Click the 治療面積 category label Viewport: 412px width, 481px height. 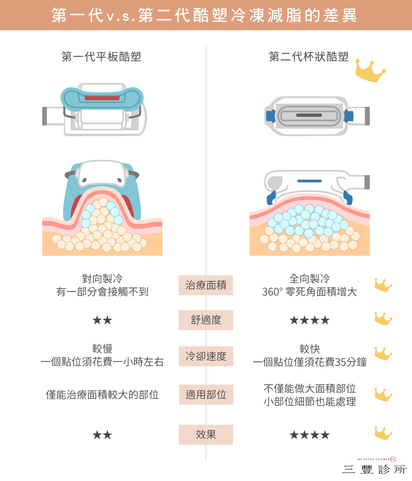(x=206, y=285)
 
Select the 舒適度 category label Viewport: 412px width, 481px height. (x=206, y=320)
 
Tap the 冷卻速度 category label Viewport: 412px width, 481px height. (x=206, y=356)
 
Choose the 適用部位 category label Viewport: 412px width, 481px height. (x=206, y=394)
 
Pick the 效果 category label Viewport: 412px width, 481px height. (x=206, y=435)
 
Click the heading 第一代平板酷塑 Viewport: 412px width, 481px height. (x=101, y=57)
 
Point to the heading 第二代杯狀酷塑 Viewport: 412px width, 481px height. (x=309, y=57)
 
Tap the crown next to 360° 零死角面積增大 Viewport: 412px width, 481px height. (x=383, y=285)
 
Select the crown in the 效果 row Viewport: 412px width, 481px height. (x=383, y=433)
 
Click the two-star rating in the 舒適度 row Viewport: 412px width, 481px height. (x=102, y=320)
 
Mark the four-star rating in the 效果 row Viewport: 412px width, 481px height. (x=310, y=435)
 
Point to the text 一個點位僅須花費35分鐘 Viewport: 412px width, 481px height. (x=310, y=362)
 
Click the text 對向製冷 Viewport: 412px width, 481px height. (x=102, y=279)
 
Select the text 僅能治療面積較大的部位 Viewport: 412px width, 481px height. (x=102, y=395)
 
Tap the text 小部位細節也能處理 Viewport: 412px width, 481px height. (x=310, y=401)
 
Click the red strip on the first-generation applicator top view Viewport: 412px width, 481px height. (x=102, y=98)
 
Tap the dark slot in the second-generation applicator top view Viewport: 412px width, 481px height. (x=309, y=115)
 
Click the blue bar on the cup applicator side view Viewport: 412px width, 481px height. (x=309, y=181)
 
